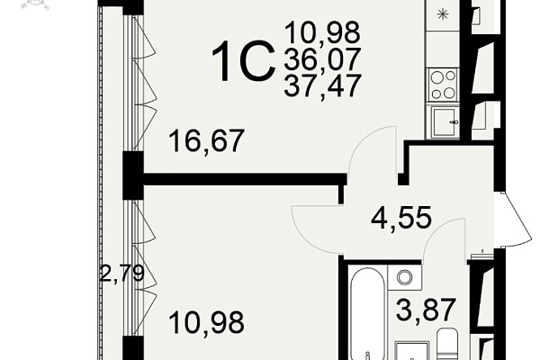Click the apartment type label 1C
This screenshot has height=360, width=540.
[x=243, y=61]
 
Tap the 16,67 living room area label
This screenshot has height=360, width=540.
[x=207, y=141]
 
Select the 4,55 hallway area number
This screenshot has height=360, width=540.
[x=401, y=218]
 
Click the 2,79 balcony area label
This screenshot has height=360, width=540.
[x=121, y=274]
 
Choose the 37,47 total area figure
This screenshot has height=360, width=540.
[x=322, y=85]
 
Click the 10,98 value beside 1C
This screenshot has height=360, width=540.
[x=322, y=33]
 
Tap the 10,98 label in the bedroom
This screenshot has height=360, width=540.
[x=207, y=322]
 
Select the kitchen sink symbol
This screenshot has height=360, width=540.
[x=444, y=121]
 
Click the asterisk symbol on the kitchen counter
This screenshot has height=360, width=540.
[x=442, y=14]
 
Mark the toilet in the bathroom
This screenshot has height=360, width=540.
[x=447, y=345]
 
